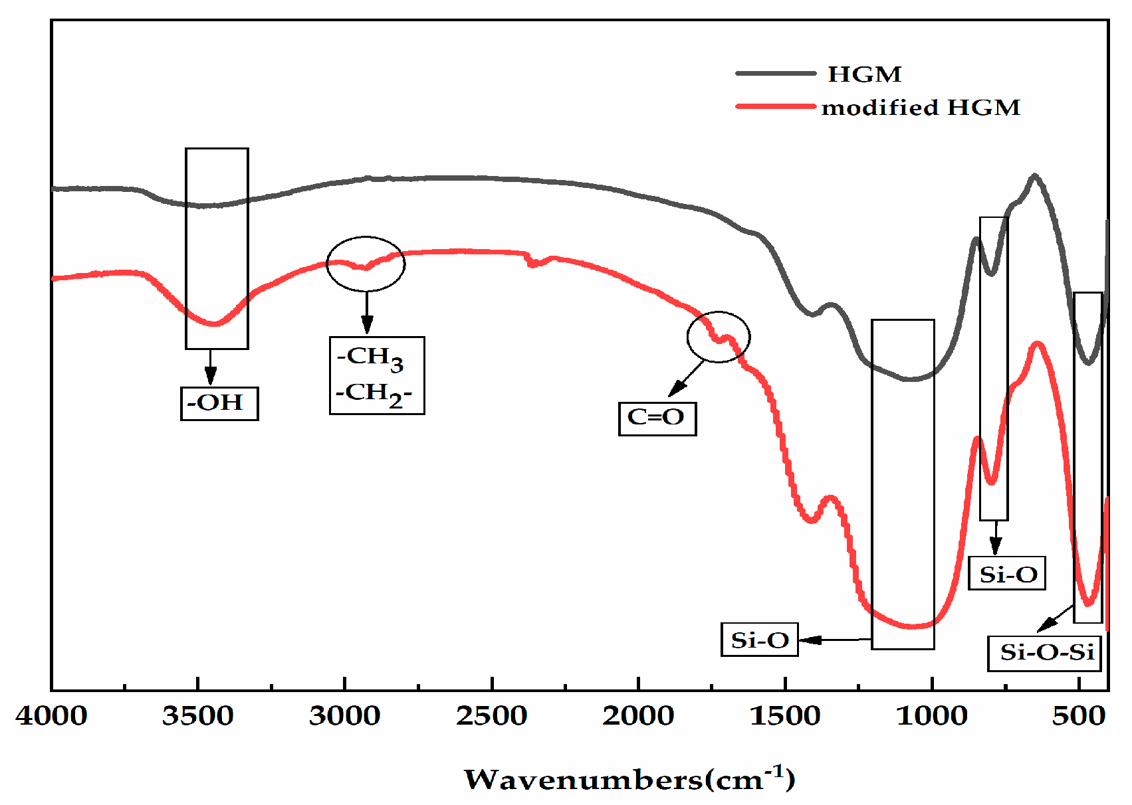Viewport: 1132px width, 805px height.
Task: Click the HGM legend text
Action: [864, 74]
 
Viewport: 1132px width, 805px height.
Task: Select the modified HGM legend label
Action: [921, 108]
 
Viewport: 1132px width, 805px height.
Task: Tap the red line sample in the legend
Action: [775, 106]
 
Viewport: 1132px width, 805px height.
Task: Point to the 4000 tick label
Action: [52, 716]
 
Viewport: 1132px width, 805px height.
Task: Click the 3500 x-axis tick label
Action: [198, 716]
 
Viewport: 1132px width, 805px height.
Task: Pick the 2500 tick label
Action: [492, 716]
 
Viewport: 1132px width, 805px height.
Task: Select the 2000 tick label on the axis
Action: [638, 716]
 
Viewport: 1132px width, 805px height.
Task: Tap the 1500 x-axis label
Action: [785, 716]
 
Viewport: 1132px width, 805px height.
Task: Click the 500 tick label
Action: [1079, 716]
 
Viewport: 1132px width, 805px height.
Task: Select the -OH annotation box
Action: [219, 403]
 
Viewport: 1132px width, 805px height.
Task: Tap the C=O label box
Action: [657, 418]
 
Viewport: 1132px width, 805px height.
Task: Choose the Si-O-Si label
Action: [1047, 653]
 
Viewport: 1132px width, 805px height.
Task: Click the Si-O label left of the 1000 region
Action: [759, 640]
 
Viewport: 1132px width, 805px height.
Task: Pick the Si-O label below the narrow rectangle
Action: [1007, 574]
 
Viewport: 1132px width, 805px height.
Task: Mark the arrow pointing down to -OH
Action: [210, 367]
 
